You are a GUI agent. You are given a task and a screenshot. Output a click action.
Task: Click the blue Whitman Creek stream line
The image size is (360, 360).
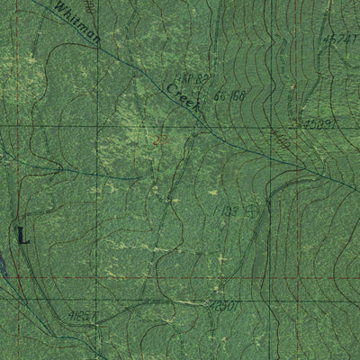coord(135,63)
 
